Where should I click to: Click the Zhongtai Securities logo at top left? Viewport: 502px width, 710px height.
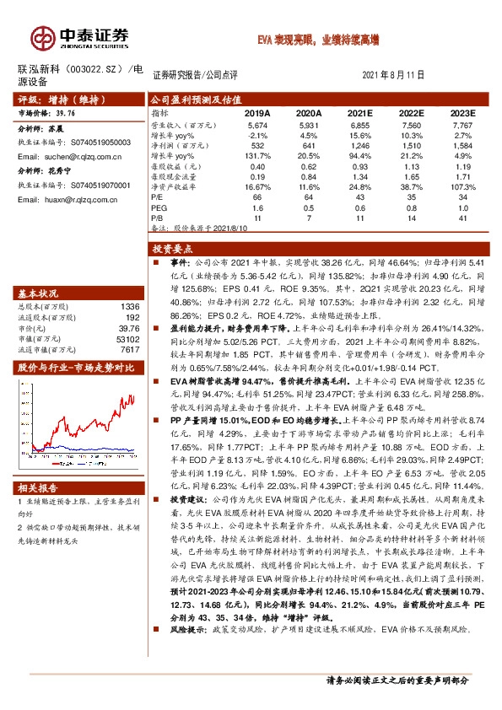[81, 36]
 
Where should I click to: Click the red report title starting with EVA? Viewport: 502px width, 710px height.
[318, 40]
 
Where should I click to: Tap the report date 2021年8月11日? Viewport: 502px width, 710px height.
[397, 75]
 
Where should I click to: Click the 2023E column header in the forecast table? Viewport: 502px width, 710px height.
[462, 112]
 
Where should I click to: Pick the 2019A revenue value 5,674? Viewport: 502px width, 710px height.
[257, 124]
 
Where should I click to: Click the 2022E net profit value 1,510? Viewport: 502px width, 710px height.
[411, 144]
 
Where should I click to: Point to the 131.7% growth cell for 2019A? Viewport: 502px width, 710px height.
[257, 155]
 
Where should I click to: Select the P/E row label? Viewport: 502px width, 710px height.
[159, 196]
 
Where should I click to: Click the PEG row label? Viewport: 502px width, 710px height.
[159, 207]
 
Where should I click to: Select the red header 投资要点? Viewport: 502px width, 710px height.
[175, 249]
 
